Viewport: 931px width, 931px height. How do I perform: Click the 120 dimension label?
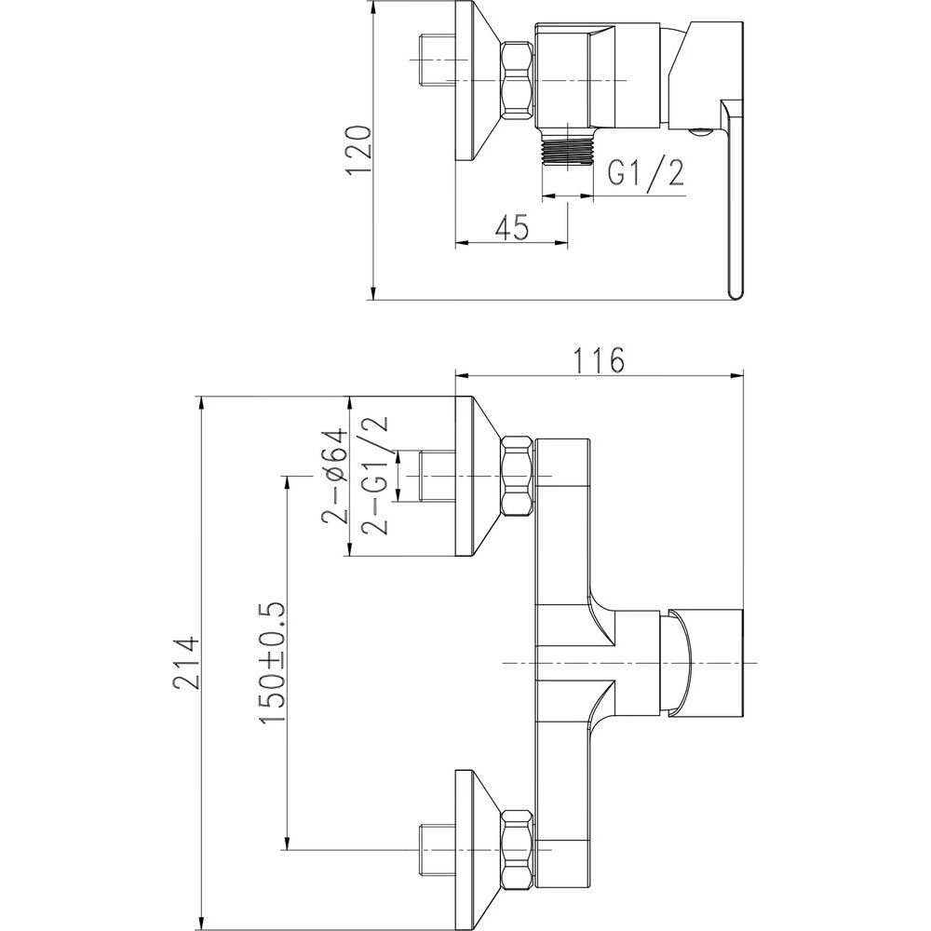(x=361, y=150)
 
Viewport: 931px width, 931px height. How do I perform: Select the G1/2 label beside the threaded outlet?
(x=646, y=173)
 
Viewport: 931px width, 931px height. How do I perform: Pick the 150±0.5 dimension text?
(x=273, y=662)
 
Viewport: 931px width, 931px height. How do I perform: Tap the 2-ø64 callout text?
(x=333, y=475)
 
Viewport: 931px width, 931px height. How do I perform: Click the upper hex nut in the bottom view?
(x=518, y=476)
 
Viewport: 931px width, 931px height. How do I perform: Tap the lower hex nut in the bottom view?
(x=518, y=850)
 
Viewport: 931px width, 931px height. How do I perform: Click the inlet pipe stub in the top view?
(x=437, y=60)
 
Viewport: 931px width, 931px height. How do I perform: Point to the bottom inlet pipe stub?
(x=437, y=850)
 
